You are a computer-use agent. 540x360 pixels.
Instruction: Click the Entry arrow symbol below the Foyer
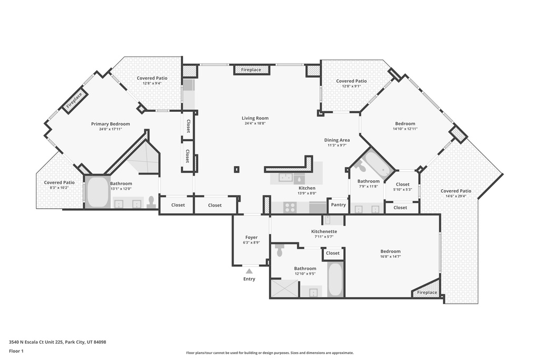pos(249,271)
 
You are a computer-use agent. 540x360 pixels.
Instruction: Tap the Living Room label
pos(255,118)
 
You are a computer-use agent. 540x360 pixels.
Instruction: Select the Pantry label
pos(338,205)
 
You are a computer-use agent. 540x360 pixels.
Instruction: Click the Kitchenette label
pos(324,231)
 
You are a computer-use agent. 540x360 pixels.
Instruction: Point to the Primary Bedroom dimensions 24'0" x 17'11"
pos(110,129)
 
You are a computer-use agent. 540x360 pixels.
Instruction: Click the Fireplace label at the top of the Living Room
pos(251,70)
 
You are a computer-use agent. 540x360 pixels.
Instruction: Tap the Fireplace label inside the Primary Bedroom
pos(74,101)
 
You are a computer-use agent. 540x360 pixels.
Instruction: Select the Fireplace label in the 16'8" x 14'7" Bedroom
pos(427,293)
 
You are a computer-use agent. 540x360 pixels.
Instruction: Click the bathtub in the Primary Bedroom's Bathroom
pos(98,193)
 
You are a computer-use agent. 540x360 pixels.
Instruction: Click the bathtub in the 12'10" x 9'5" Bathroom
pos(335,280)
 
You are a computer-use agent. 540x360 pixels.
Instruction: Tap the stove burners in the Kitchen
pos(290,207)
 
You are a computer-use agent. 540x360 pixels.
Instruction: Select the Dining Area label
pos(337,140)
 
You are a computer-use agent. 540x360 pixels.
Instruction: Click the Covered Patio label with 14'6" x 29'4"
pos(456,191)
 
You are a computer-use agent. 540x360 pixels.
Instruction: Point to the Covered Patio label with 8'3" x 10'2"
pos(59,182)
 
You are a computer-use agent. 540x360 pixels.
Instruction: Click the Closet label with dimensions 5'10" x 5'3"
pos(403,184)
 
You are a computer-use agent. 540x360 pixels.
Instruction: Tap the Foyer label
pos(252,237)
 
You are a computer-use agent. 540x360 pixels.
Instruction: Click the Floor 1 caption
pos(17,351)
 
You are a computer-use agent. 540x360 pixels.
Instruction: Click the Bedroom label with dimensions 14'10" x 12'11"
pos(405,123)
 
